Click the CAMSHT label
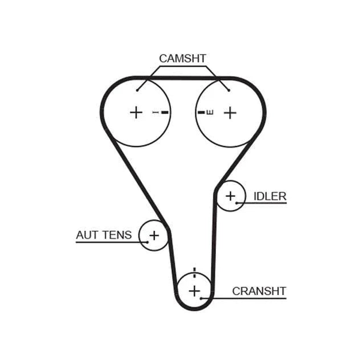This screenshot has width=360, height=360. click(x=182, y=59)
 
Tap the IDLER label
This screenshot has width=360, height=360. click(x=270, y=196)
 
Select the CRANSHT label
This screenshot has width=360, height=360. click(x=259, y=291)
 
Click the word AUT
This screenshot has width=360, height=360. click(x=87, y=235)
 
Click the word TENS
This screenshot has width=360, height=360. click(x=117, y=235)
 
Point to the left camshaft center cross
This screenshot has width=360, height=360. click(x=136, y=113)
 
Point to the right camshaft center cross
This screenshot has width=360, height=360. click(x=230, y=113)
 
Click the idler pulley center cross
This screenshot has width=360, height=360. click(x=230, y=196)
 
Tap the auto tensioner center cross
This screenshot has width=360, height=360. click(x=154, y=235)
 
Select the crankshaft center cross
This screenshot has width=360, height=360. click(x=194, y=291)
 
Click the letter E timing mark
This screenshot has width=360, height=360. click(x=210, y=112)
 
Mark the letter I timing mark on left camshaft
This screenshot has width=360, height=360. click(x=155, y=112)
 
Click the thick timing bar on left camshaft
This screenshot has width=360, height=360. click(x=165, y=112)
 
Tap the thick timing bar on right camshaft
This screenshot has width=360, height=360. click(x=202, y=112)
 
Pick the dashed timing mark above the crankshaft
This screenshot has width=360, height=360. click(x=194, y=272)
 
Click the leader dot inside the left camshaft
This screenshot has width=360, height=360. click(x=137, y=90)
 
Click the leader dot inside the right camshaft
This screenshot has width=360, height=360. click(x=229, y=90)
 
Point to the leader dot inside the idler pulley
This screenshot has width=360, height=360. click(x=236, y=203)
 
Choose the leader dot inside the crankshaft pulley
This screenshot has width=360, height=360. click(x=201, y=298)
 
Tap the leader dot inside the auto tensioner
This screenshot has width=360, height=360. click(x=148, y=242)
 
